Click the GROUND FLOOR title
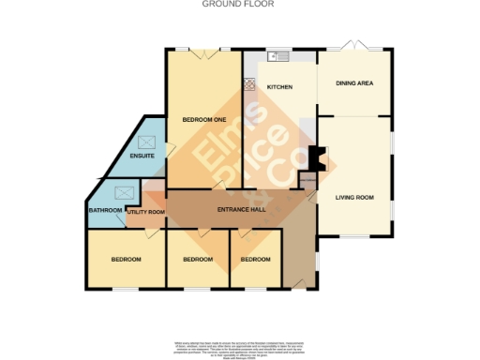tap(239, 5)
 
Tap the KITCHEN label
tap(280, 87)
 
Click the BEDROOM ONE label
tap(204, 120)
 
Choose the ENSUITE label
tap(142, 155)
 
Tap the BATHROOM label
tap(105, 211)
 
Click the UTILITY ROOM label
tap(145, 213)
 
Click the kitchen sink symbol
tap(278, 56)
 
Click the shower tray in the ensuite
tap(146, 142)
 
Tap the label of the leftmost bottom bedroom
tap(126, 259)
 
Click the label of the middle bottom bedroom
tap(198, 259)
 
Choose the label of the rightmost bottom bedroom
tap(255, 259)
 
